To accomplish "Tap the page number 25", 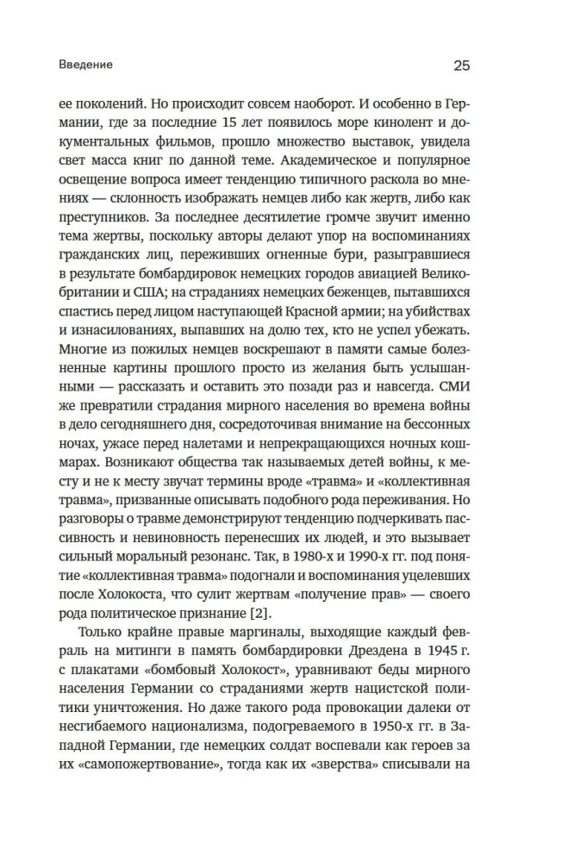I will [x=461, y=66].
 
